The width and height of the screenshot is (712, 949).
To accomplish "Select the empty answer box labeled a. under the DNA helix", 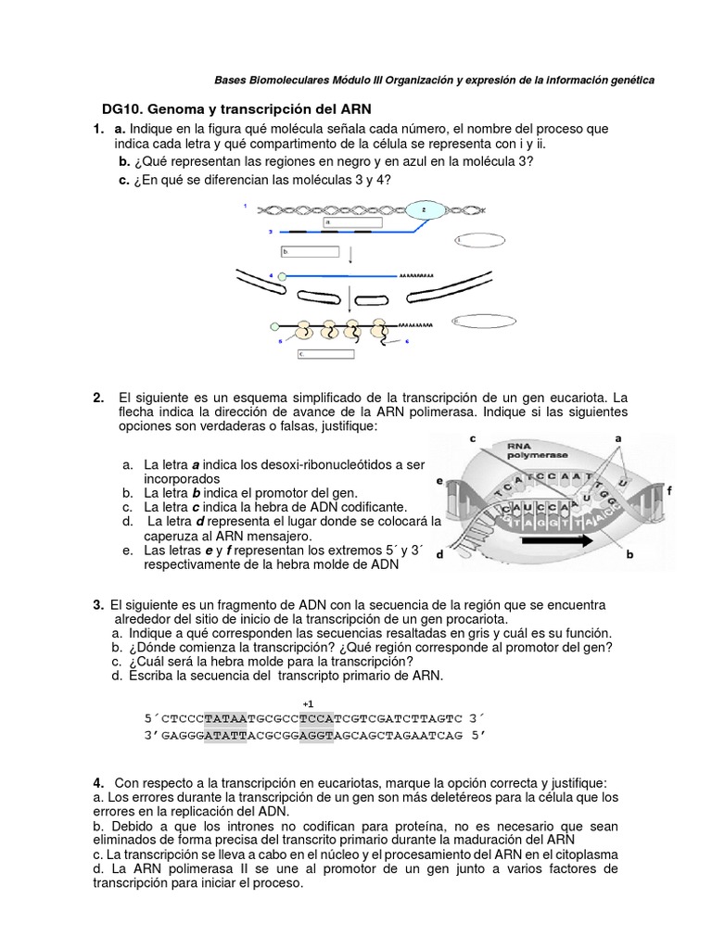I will pos(351,222).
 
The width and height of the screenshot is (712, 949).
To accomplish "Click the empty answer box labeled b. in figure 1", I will pos(310,251).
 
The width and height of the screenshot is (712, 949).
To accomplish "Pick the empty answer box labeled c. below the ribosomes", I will pos(325,353).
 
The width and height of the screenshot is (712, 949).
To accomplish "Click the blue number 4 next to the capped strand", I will pos(271,275).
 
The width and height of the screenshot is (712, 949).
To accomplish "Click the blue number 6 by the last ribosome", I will pos(406,341).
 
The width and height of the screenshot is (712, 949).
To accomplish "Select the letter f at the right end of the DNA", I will pos(668,487).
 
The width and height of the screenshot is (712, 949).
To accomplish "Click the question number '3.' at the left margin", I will pos(98,604).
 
